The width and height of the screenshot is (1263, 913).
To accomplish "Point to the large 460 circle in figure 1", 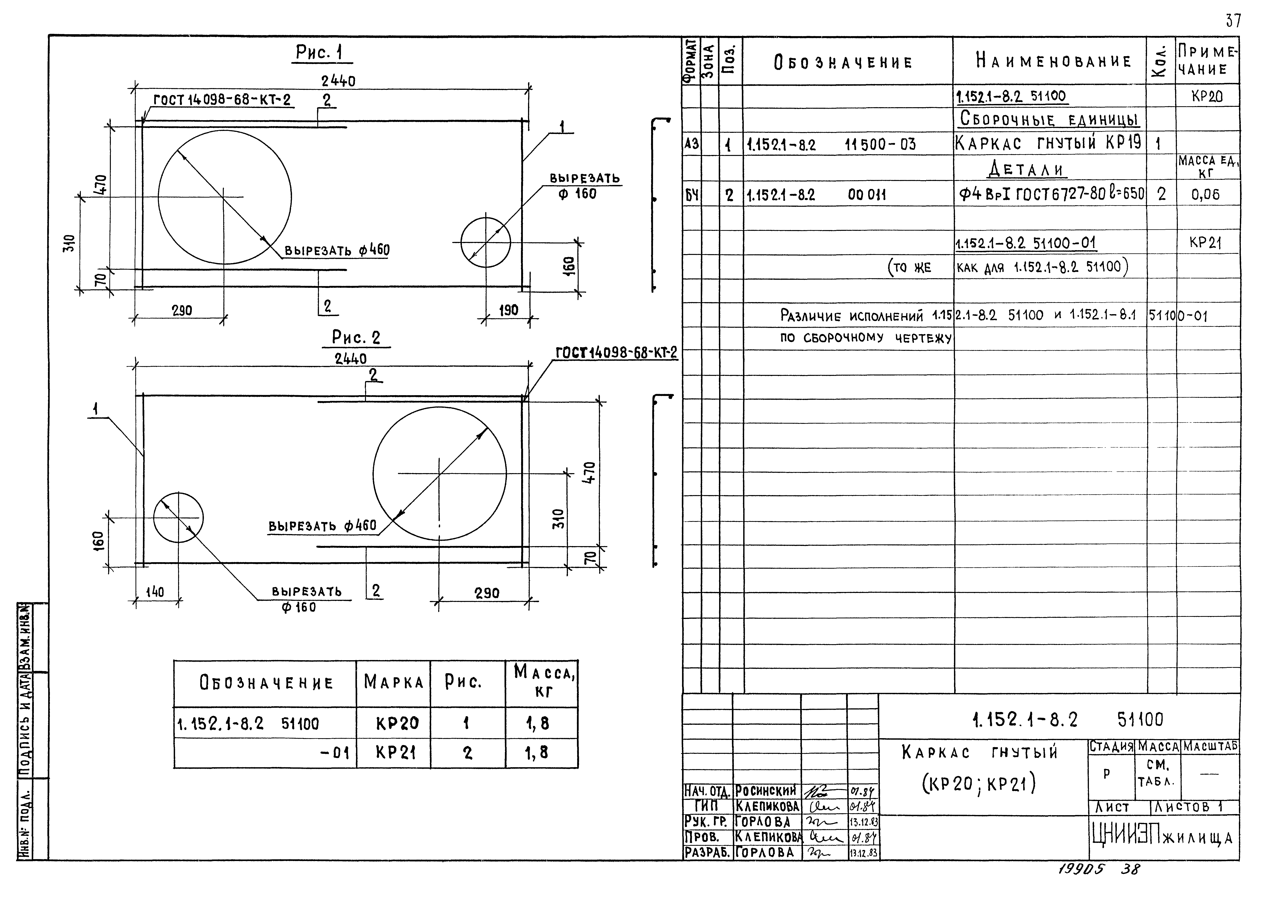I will click(x=224, y=197).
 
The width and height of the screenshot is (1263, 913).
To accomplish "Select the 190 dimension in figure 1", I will click(x=508, y=310).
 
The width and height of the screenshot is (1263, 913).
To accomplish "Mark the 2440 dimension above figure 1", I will click(x=338, y=81).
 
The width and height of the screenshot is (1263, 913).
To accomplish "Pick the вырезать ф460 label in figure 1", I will click(x=337, y=251).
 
